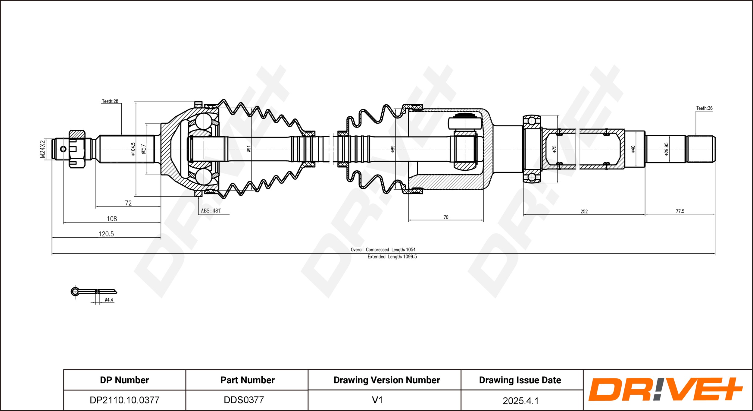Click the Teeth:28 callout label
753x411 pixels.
pyautogui.click(x=110, y=101)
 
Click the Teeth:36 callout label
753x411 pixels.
pyautogui.click(x=704, y=108)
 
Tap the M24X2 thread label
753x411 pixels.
pyautogui.click(x=43, y=149)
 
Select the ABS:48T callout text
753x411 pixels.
pyautogui.click(x=211, y=211)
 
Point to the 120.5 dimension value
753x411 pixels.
pyautogui.click(x=106, y=234)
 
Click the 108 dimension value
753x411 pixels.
pyautogui.click(x=112, y=219)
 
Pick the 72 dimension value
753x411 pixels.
pyautogui.click(x=128, y=203)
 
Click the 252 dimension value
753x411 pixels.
pyautogui.click(x=584, y=212)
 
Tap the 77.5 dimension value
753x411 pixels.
pyautogui.click(x=680, y=211)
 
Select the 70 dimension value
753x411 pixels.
pyautogui.click(x=446, y=217)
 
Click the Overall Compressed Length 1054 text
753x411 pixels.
pyautogui.click(x=383, y=250)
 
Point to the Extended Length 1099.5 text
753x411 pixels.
pyautogui.click(x=392, y=257)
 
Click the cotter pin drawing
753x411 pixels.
pyautogui.click(x=94, y=292)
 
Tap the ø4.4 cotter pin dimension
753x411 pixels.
pyautogui.click(x=109, y=300)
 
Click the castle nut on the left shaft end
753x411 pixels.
pyautogui.click(x=77, y=149)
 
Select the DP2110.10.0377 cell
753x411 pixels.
pyautogui.click(x=124, y=400)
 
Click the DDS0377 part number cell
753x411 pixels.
pyautogui.click(x=244, y=400)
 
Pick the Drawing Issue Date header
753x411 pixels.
pyautogui.click(x=520, y=380)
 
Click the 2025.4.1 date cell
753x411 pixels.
pyautogui.click(x=520, y=401)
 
